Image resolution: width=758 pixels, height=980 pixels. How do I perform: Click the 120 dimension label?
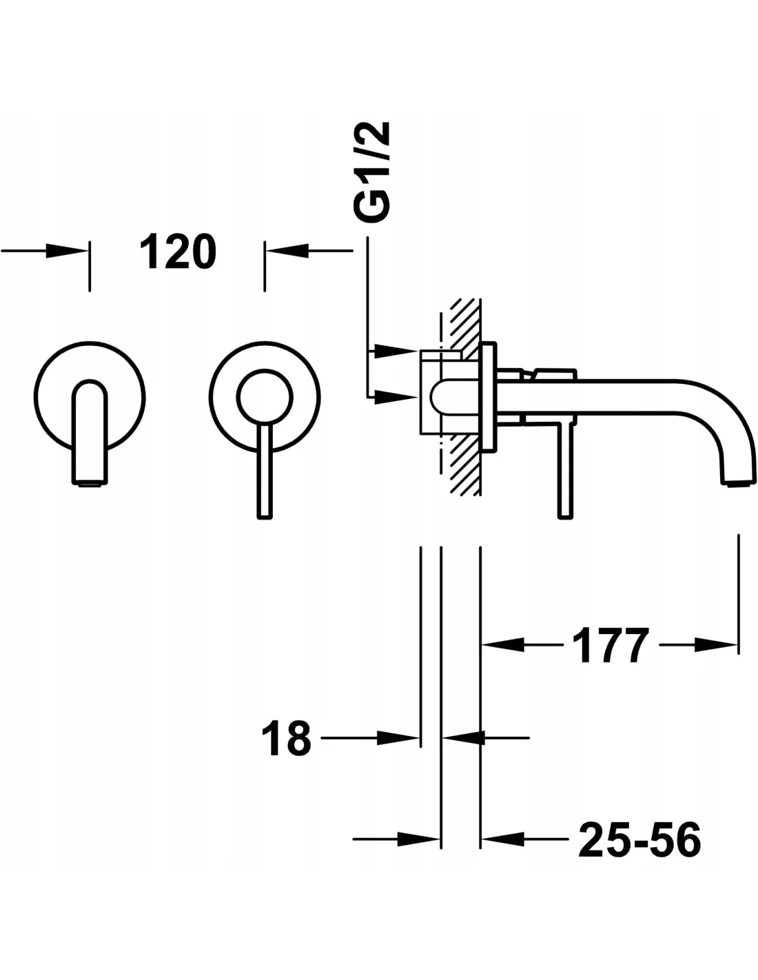(x=178, y=252)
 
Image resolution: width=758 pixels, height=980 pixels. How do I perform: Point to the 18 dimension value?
(x=287, y=738)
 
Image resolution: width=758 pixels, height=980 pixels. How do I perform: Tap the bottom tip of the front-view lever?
(x=265, y=517)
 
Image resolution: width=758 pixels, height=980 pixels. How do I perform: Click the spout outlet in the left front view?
(x=90, y=482)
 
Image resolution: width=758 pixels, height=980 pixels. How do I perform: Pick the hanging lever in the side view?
(x=566, y=471)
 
